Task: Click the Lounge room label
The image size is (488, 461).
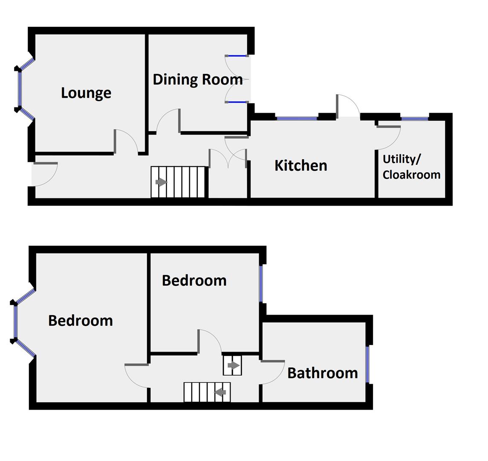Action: tap(86, 93)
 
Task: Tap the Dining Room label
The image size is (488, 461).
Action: tap(198, 79)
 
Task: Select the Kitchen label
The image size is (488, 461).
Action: tap(300, 166)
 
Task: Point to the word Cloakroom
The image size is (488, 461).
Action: tap(411, 175)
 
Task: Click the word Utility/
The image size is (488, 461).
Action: tap(401, 159)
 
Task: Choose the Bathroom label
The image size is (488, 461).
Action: tap(323, 373)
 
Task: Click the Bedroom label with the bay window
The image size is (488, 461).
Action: tap(80, 321)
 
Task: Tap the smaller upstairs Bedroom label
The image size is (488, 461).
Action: tap(194, 280)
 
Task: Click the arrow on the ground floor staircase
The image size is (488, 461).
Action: tap(161, 182)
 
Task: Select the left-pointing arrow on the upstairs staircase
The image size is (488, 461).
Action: tap(220, 392)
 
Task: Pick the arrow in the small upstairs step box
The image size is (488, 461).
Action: tap(234, 365)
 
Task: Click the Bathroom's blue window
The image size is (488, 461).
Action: tap(367, 365)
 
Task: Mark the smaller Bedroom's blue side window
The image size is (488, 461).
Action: tap(261, 283)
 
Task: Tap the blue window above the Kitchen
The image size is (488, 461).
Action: tap(297, 118)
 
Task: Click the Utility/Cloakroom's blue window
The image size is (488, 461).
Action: tap(415, 118)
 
